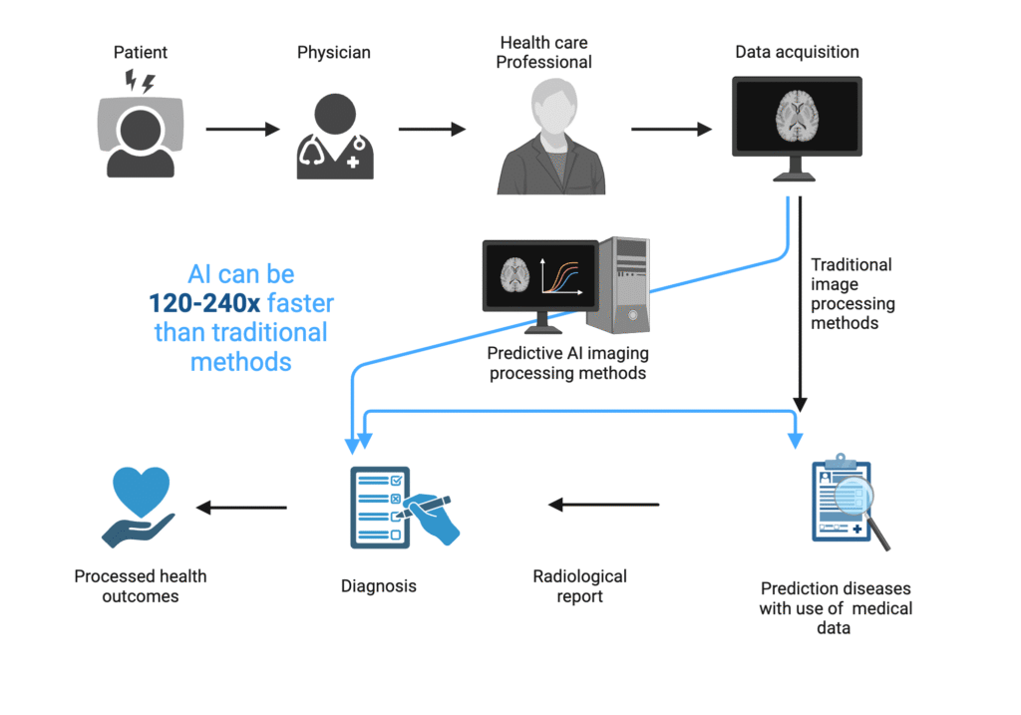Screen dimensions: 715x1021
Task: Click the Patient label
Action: (x=140, y=52)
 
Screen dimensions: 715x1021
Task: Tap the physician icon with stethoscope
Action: (x=335, y=137)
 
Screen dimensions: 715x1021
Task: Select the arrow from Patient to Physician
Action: (x=242, y=129)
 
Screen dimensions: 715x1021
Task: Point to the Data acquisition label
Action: (x=797, y=52)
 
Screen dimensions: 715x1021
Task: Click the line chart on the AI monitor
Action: (x=561, y=277)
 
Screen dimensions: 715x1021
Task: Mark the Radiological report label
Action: (x=579, y=586)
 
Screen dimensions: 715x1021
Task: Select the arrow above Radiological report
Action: (x=604, y=505)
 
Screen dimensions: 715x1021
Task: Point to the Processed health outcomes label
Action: (x=140, y=586)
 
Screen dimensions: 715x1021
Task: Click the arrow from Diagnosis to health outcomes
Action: (x=241, y=508)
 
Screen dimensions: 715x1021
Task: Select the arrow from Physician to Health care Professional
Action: (x=433, y=129)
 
